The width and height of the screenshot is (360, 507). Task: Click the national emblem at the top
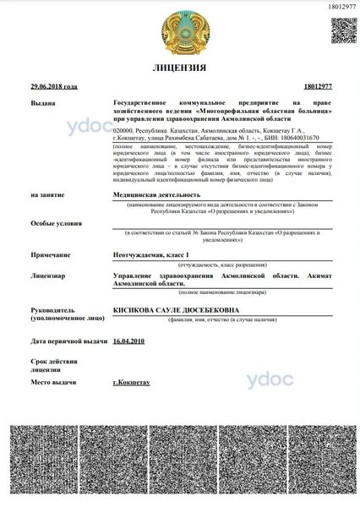tap(179, 30)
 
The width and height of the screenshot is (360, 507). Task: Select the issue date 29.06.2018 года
tap(53, 87)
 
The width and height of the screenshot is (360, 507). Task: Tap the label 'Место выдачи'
tap(54, 383)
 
